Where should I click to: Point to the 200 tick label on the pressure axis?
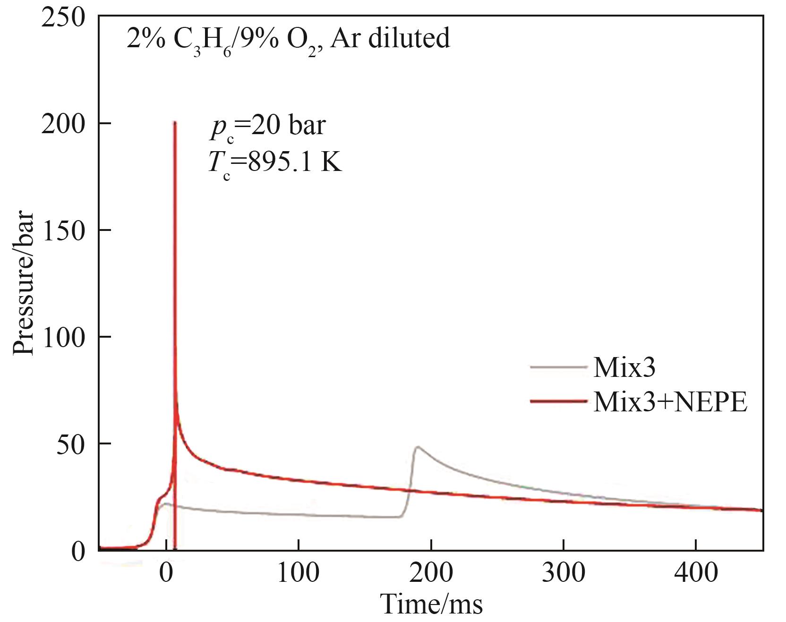[x=63, y=124]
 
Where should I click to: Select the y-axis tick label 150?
[x=63, y=231]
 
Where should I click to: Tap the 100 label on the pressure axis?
[x=63, y=338]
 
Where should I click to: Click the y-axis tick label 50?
[x=70, y=444]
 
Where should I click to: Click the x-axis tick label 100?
[x=299, y=572]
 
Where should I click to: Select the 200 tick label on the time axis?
[x=431, y=572]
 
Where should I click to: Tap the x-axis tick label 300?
[x=564, y=572]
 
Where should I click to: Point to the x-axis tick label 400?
[x=696, y=572]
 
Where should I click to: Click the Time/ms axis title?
[x=431, y=604]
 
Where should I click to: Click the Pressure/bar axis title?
[x=24, y=283]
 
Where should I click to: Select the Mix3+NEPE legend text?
[x=670, y=402]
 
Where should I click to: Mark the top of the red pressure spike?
[x=175, y=122]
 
